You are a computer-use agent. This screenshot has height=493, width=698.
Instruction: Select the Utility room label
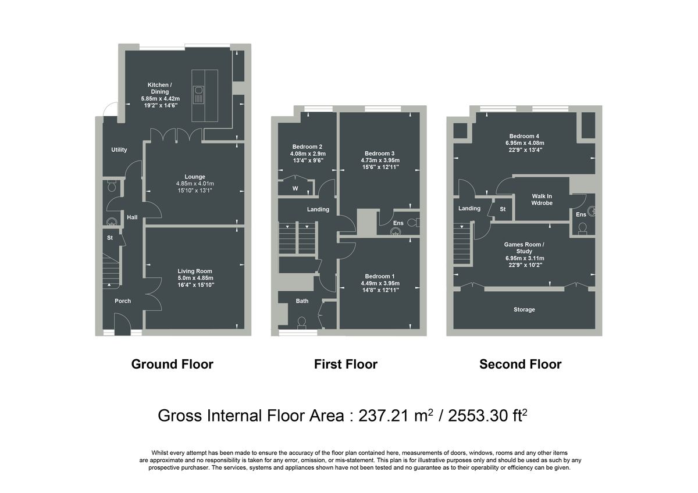point(119,150)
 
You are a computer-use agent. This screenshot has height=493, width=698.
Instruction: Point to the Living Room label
point(195,271)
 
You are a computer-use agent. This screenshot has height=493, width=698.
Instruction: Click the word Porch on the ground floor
point(123,301)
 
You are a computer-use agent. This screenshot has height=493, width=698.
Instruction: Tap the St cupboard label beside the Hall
point(109,238)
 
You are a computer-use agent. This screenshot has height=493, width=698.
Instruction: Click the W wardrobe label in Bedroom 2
point(295,188)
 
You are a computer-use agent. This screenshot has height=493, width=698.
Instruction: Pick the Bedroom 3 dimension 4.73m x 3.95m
point(380,160)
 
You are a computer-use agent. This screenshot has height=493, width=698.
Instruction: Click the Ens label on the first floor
point(398,223)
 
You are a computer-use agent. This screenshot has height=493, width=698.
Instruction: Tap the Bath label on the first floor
point(302,301)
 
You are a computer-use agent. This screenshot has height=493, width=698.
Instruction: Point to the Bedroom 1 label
point(380,276)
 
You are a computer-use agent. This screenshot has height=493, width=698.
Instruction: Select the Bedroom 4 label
point(525,136)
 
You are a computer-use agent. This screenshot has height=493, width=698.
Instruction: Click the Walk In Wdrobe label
point(542,199)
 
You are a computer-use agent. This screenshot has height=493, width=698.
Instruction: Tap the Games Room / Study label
point(524,248)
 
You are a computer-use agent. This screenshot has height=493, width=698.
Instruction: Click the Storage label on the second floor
point(524,310)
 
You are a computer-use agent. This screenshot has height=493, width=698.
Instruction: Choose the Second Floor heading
point(520,365)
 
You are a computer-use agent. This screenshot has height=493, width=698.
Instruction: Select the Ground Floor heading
point(172,365)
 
